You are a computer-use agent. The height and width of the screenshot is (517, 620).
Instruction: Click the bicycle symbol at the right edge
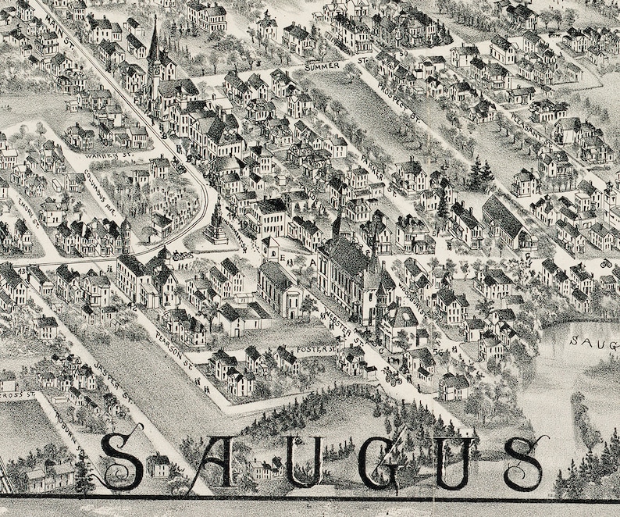point(605,263)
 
